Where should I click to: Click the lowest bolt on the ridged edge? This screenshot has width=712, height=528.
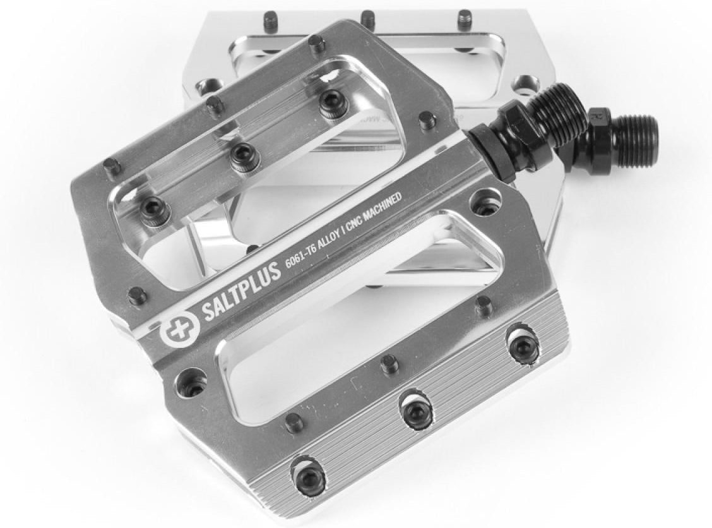click(x=309, y=474)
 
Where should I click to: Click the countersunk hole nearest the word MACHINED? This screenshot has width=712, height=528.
click(x=486, y=202)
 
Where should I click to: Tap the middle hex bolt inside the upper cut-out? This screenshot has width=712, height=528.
click(x=245, y=156)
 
